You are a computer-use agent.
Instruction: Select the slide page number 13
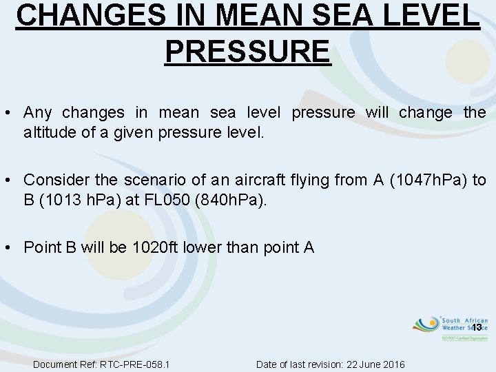(x=475, y=328)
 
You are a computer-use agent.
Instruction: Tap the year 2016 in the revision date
(x=393, y=364)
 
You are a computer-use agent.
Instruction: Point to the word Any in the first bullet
(x=37, y=112)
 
